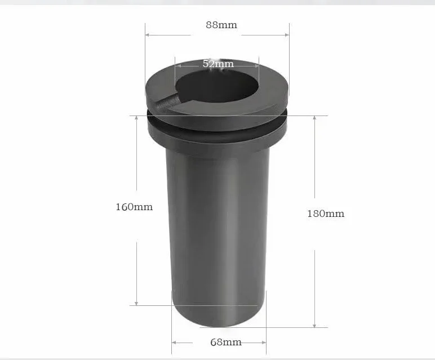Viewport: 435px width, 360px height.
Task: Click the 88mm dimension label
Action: point(221,25)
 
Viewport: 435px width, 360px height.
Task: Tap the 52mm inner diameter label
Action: point(218,64)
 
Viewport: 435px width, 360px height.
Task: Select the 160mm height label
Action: point(134,207)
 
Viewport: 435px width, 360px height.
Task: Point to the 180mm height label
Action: point(326,214)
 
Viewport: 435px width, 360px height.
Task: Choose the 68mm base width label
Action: point(226,342)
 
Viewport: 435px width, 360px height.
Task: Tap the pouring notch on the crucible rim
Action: point(167,103)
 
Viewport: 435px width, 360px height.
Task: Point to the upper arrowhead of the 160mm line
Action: point(136,118)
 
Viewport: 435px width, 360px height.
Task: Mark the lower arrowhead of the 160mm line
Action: point(136,303)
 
